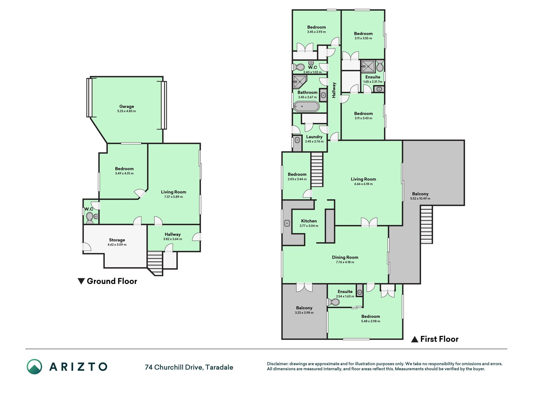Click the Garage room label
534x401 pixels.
pyautogui.click(x=126, y=107)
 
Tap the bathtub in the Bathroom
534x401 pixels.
pyautogui.click(x=307, y=107)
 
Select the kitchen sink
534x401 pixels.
pyautogui.click(x=287, y=223)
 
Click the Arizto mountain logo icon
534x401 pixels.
pyautogui.click(x=34, y=367)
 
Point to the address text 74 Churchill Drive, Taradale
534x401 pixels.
pyautogui.click(x=189, y=367)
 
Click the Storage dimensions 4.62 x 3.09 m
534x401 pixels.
pyautogui.click(x=117, y=245)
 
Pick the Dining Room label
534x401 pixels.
pyautogui.click(x=345, y=257)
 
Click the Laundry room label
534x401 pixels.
pyautogui.click(x=314, y=137)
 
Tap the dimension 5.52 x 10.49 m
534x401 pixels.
pyautogui.click(x=420, y=198)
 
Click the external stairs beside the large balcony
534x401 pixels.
pyautogui.click(x=426, y=225)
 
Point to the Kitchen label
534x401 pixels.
pyautogui.click(x=309, y=221)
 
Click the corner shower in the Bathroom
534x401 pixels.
pyautogui.click(x=299, y=82)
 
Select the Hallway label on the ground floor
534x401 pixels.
pyautogui.click(x=173, y=234)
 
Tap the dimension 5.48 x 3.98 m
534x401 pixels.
pyautogui.click(x=371, y=321)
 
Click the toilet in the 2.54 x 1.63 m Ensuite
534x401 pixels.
pyautogui.click(x=333, y=302)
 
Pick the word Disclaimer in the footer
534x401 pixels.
pyautogui.click(x=277, y=364)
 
